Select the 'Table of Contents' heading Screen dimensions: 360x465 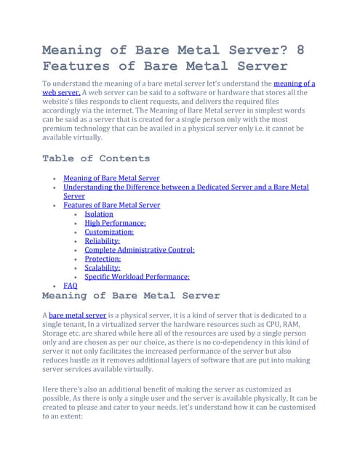tap(96, 158)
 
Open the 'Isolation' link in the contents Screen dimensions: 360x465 tap(99, 214)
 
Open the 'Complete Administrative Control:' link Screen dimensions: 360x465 tap(140, 250)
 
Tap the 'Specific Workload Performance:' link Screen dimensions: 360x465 tap(137, 277)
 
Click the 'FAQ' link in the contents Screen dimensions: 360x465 tap(71, 286)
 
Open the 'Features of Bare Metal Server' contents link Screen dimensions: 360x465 tap(112, 205)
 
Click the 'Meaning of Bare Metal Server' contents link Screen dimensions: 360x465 tap(111, 178)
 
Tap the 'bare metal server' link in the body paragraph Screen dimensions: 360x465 tap(77, 315)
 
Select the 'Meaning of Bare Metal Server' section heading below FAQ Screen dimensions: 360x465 tap(131, 296)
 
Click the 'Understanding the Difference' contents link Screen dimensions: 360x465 tap(185, 187)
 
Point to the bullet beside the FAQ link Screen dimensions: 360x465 tap(56, 286)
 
